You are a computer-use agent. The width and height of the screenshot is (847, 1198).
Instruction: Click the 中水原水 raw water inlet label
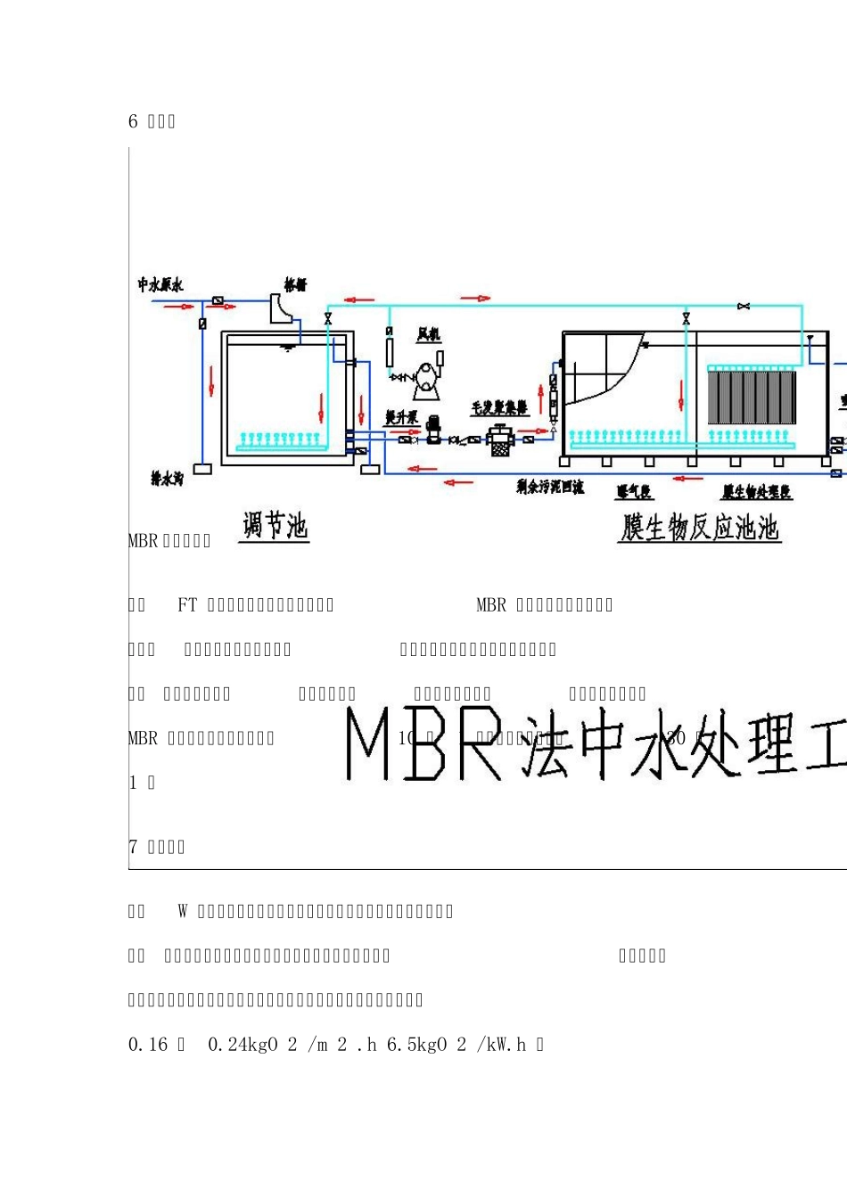tap(160, 284)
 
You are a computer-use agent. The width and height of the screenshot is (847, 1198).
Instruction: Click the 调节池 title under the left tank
tap(275, 525)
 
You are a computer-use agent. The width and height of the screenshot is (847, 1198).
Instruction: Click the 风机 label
tap(429, 334)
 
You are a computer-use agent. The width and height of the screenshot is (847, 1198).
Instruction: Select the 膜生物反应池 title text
tap(700, 527)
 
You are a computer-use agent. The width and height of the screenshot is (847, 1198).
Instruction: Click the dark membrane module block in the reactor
tap(751, 398)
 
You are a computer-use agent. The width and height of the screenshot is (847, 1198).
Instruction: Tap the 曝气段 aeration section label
tap(633, 492)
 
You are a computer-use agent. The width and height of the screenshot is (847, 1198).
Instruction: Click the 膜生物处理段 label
tap(756, 492)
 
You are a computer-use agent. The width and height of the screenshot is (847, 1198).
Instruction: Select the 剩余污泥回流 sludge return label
tap(550, 487)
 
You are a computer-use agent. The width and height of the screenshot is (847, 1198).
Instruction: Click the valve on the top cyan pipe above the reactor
tap(743, 307)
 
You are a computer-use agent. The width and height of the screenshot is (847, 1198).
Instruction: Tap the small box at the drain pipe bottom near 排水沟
tap(202, 469)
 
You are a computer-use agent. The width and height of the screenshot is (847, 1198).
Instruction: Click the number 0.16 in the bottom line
tap(148, 1045)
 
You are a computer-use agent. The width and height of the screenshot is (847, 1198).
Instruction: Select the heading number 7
tap(133, 847)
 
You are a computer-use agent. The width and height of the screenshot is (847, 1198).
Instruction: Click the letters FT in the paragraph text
tap(187, 605)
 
